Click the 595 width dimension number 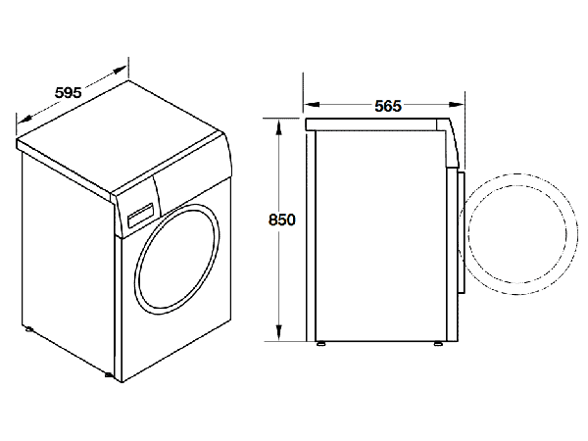(x=68, y=93)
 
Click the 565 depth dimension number (x=387, y=106)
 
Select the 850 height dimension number (x=281, y=220)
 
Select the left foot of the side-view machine (x=320, y=343)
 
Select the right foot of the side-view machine (x=438, y=343)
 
